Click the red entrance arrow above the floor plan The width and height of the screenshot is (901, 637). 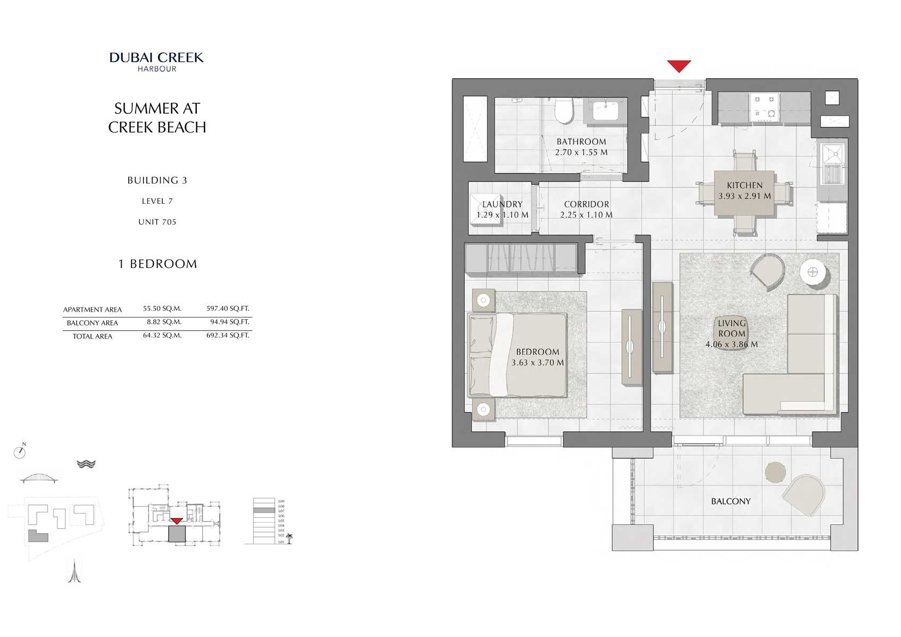[x=679, y=66]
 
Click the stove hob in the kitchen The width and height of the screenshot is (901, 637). [x=764, y=106]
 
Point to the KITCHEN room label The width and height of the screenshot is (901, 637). [x=745, y=185]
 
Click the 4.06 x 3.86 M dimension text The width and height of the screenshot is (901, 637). [x=731, y=344]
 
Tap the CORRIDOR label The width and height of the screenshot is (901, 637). [x=586, y=204]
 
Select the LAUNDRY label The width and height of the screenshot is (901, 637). [x=502, y=204]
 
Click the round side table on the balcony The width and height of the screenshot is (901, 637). [x=775, y=471]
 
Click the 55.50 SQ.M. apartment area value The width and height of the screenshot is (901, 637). [x=162, y=309]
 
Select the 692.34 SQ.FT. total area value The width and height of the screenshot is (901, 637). [x=228, y=335]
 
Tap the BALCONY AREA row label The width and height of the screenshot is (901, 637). [x=92, y=323]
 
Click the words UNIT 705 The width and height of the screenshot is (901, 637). [x=157, y=222]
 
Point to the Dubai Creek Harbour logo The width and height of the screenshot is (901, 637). [x=156, y=61]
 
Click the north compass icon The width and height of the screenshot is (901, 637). [x=20, y=452]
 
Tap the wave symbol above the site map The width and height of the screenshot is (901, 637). [x=86, y=464]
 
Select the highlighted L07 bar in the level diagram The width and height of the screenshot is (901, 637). [x=264, y=510]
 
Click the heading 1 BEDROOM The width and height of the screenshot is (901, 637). [x=157, y=264]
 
